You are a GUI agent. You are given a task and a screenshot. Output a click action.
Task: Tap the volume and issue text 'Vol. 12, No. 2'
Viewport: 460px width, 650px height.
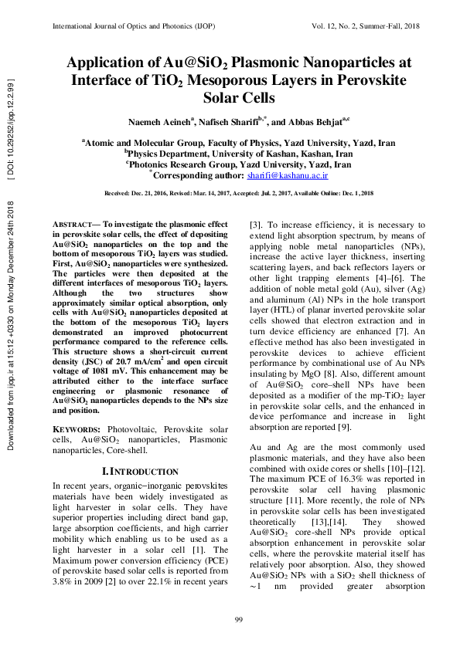pos(339,25)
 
